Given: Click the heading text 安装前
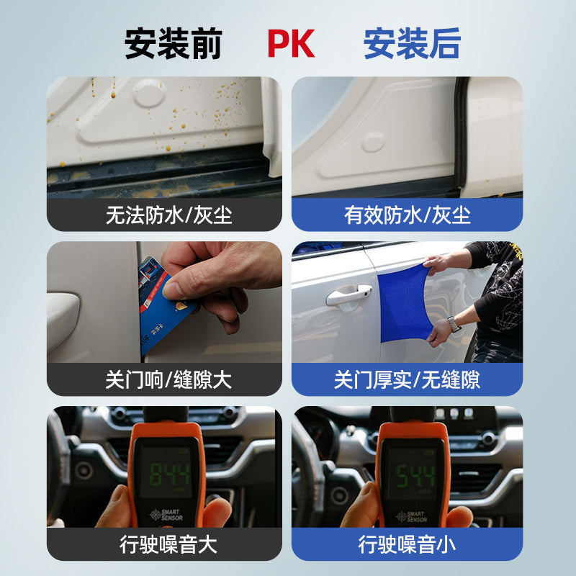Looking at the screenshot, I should tap(173, 43).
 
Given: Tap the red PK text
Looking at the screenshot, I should tap(291, 43).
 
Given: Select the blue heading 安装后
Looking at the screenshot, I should tap(411, 43).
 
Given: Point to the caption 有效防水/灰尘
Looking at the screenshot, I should tap(408, 215).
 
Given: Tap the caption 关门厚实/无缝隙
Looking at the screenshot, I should tap(408, 379).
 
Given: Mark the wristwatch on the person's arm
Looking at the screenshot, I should tap(454, 324).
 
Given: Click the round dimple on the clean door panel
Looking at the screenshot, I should tap(373, 141).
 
